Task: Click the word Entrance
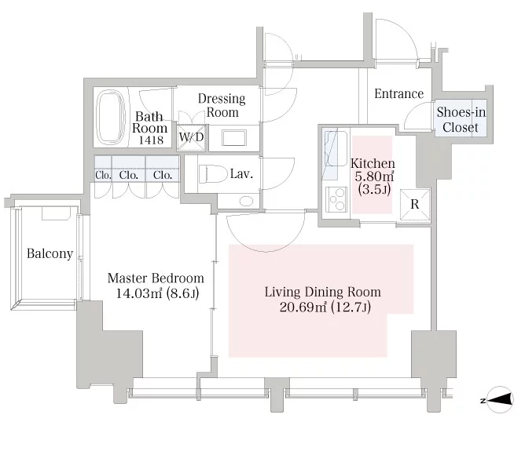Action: (x=398, y=94)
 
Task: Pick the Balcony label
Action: (x=50, y=253)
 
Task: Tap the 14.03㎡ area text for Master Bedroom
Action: (x=144, y=294)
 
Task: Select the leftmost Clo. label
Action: (x=103, y=175)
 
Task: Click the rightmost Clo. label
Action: (x=163, y=175)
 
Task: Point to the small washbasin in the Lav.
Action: (x=245, y=201)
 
